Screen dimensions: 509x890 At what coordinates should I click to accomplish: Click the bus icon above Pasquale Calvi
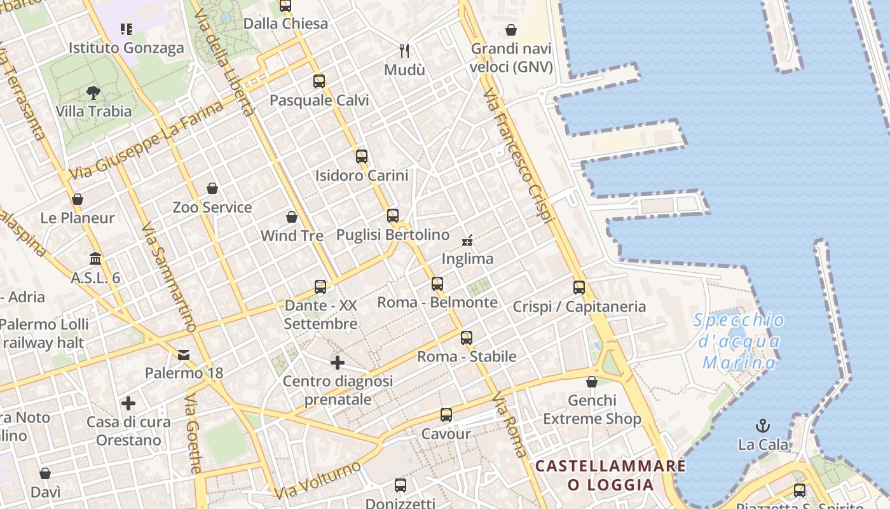coord(319,81)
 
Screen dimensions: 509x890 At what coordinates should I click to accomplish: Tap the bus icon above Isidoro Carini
coord(362,156)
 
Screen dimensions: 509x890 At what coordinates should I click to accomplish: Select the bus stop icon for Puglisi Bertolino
coord(393,216)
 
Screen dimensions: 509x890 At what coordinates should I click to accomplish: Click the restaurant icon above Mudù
coord(404,50)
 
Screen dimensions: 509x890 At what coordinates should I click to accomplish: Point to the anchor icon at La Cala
coord(763,425)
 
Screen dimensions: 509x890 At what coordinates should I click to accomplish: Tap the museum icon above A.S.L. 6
coord(95,258)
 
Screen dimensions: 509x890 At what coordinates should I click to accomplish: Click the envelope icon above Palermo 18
coord(184,354)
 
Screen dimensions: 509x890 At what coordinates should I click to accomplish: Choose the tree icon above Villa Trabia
coord(93,93)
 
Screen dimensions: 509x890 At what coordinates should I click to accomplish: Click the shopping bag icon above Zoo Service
coord(212,188)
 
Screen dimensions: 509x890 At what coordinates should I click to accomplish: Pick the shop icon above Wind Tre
coord(292,217)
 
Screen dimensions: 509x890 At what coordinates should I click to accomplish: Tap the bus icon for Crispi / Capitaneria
coord(579,287)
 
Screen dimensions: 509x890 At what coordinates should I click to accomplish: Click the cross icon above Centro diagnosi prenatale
coord(338,363)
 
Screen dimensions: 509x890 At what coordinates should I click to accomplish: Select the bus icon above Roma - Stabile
coord(467,338)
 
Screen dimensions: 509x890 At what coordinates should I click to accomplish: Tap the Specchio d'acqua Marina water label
coord(739,341)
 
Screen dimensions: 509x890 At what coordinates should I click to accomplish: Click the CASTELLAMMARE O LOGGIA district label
coord(610,475)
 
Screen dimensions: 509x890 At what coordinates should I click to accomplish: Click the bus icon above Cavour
coord(446,415)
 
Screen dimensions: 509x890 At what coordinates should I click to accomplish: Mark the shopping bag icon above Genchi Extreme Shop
coord(592,382)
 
